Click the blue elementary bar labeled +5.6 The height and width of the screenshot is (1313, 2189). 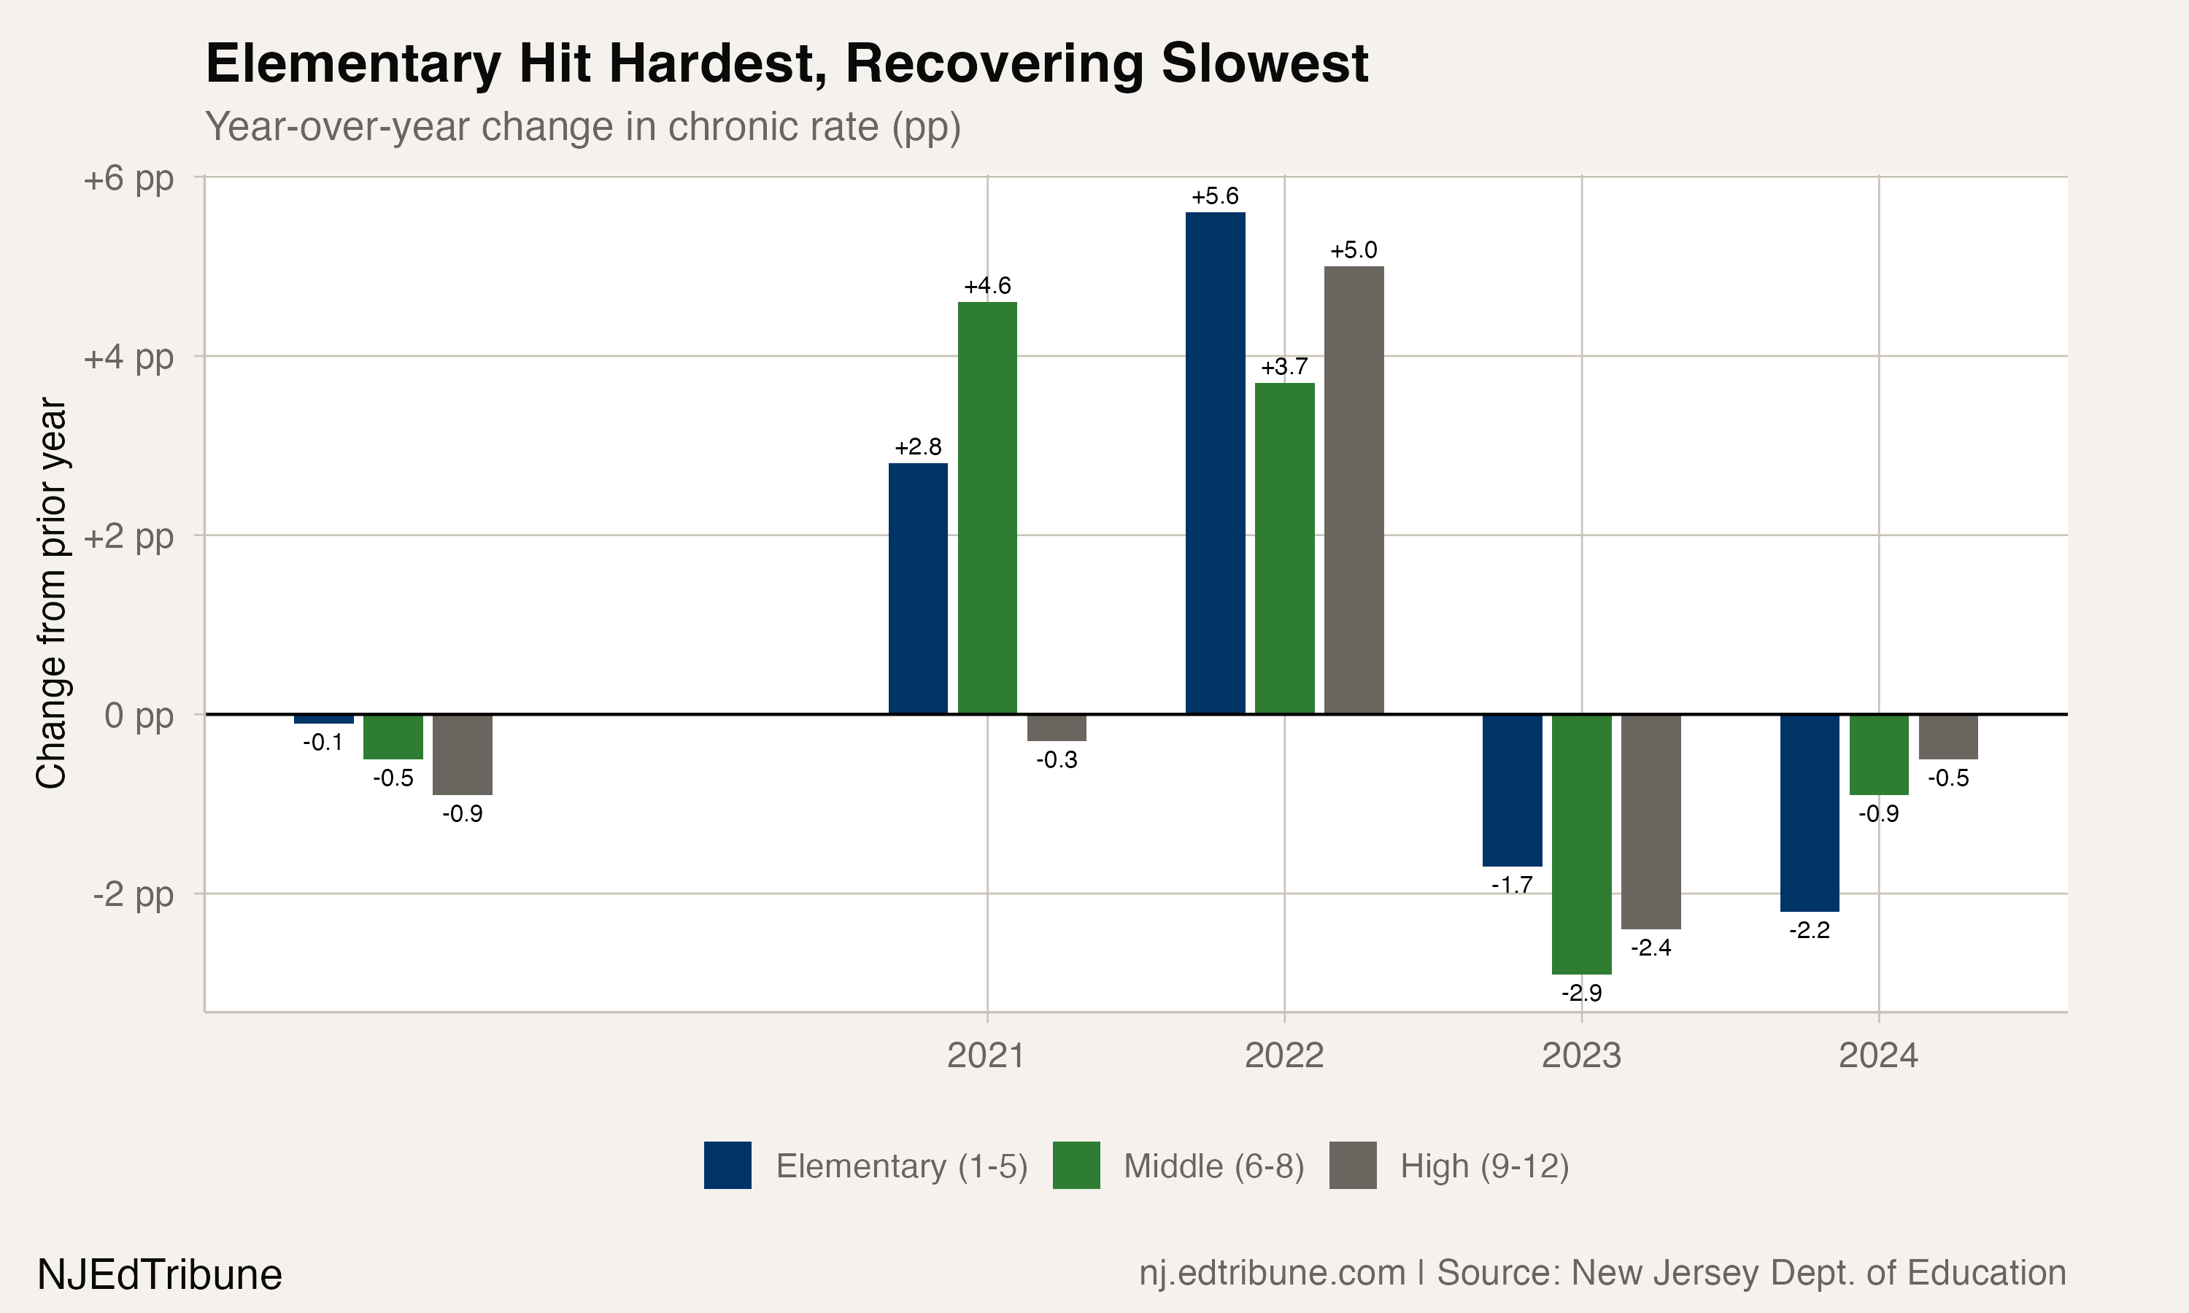(1215, 462)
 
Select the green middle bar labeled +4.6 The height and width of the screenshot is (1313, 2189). (987, 508)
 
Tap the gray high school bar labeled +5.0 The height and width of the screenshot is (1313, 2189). (1354, 489)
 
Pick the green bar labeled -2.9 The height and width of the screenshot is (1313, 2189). (1581, 844)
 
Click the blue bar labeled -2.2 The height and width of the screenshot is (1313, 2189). (1810, 812)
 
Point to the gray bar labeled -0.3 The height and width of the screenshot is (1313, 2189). (1057, 727)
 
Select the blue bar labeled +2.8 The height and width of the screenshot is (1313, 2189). (917, 589)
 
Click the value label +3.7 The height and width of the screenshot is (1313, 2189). (1283, 367)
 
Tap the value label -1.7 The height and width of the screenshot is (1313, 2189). (1511, 885)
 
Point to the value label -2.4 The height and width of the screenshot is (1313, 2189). (1651, 948)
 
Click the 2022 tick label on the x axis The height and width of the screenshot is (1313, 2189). (1283, 1056)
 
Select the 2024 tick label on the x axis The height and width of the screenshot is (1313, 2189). (1878, 1056)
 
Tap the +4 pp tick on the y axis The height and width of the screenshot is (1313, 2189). (128, 357)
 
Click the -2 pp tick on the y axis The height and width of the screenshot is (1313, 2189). (133, 894)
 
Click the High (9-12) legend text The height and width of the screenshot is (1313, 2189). (1484, 1166)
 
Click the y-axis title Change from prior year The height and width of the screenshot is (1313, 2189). (51, 593)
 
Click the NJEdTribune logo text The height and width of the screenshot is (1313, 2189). (159, 1275)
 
